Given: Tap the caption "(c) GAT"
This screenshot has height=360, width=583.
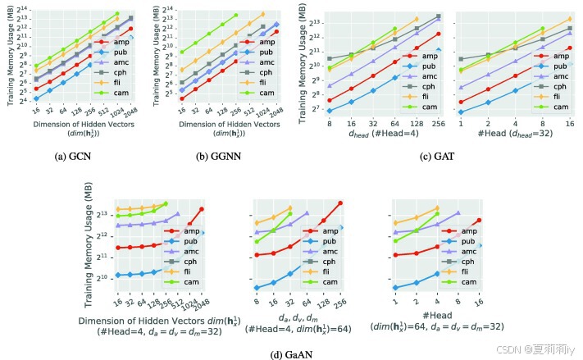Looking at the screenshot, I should tap(438, 156).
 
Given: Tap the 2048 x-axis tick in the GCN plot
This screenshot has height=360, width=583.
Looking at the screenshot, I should tap(131, 112).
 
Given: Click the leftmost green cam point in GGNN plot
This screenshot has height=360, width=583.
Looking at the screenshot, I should tap(181, 52).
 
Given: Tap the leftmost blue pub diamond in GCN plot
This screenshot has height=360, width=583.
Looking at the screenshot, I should tap(36, 98).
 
